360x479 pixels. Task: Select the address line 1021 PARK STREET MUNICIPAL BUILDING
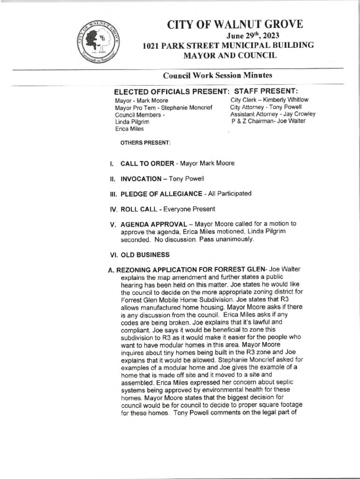[228, 46]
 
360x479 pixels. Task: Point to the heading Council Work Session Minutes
[217, 76]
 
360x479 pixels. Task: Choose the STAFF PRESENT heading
[266, 91]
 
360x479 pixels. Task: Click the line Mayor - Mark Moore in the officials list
[142, 101]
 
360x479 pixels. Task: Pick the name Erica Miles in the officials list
[130, 129]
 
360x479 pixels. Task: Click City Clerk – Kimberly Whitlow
[269, 100]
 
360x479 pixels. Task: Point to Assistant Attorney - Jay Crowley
[273, 114]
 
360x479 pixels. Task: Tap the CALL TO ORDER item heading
[149, 164]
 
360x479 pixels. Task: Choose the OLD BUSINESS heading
[145, 255]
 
